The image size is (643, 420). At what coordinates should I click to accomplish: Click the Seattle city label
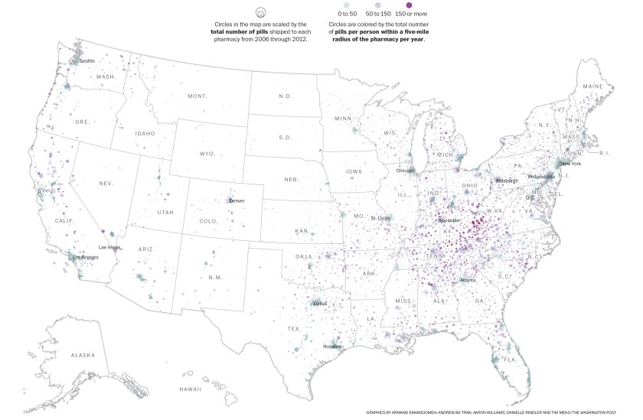click(x=87, y=60)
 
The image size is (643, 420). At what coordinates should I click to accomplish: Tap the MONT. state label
click(x=197, y=96)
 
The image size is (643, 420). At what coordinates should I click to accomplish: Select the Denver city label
click(x=237, y=200)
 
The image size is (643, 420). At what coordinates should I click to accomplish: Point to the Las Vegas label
click(x=110, y=247)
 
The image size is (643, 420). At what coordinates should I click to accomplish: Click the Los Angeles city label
click(x=85, y=257)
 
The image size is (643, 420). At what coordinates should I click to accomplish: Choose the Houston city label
click(x=332, y=347)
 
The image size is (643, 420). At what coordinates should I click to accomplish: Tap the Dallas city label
click(x=320, y=303)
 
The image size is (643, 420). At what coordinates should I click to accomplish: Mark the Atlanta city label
click(x=467, y=280)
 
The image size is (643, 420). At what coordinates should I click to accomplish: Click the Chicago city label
click(x=406, y=171)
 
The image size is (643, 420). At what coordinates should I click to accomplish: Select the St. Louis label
click(x=380, y=218)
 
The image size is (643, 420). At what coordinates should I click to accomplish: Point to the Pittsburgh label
click(x=507, y=181)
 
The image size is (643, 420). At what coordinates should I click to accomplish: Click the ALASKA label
click(x=83, y=355)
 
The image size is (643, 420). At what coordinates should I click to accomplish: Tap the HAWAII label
click(x=191, y=389)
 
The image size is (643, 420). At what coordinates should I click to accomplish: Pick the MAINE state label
click(x=592, y=86)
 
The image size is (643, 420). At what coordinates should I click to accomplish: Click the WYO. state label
click(x=207, y=154)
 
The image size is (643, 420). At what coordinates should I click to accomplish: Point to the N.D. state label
click(x=285, y=96)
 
